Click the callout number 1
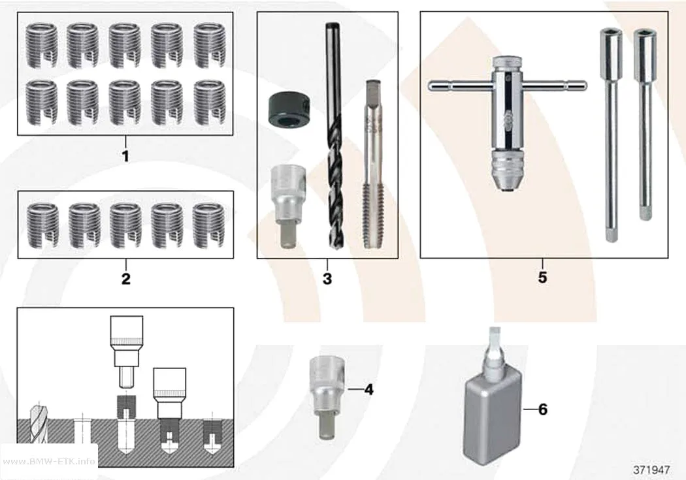pyautogui.click(x=125, y=157)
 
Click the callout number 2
pyautogui.click(x=126, y=278)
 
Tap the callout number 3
pyautogui.click(x=327, y=278)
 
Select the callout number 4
pyautogui.click(x=369, y=389)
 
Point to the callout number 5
pyautogui.click(x=542, y=277)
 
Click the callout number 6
pyautogui.click(x=543, y=409)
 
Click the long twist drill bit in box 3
pyautogui.click(x=334, y=136)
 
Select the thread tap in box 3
pyautogui.click(x=374, y=165)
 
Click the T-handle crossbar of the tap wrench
pyautogui.click(x=508, y=86)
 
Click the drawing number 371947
pyautogui.click(x=651, y=470)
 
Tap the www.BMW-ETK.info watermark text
pyautogui.click(x=48, y=461)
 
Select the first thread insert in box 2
pyautogui.click(x=43, y=225)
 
